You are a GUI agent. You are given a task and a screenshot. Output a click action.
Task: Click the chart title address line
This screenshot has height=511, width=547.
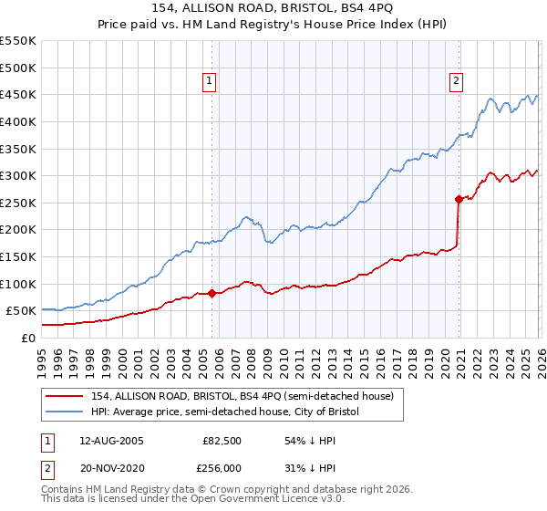point(273,7)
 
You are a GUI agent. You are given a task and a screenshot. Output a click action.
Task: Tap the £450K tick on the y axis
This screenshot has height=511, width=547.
point(18,94)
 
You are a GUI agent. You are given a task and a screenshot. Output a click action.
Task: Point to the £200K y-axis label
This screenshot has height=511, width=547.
point(18,230)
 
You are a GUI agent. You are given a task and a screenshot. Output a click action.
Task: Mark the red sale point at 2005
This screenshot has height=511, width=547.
point(212,293)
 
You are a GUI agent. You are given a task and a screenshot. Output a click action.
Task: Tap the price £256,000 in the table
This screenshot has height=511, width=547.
point(222,466)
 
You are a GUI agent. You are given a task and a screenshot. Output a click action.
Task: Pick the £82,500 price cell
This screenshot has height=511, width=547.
point(222,441)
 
